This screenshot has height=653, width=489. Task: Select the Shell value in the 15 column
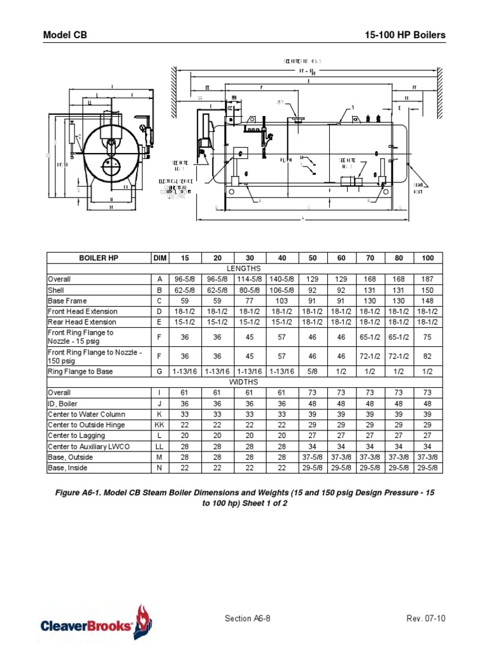(185, 290)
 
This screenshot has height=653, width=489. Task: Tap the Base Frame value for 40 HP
(281, 301)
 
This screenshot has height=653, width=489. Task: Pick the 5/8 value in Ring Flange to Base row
(313, 371)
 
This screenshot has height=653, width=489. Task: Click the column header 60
(341, 258)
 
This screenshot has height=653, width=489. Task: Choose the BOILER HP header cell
(98, 258)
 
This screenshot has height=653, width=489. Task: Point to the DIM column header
(158, 258)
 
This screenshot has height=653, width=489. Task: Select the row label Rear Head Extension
(81, 322)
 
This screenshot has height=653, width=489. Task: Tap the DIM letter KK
(158, 425)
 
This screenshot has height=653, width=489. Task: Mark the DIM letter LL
(158, 446)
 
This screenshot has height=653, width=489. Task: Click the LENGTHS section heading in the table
(244, 268)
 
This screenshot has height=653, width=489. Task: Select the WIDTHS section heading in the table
(244, 382)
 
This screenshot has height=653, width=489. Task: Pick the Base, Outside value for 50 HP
(313, 457)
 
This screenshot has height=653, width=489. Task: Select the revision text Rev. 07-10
(425, 619)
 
